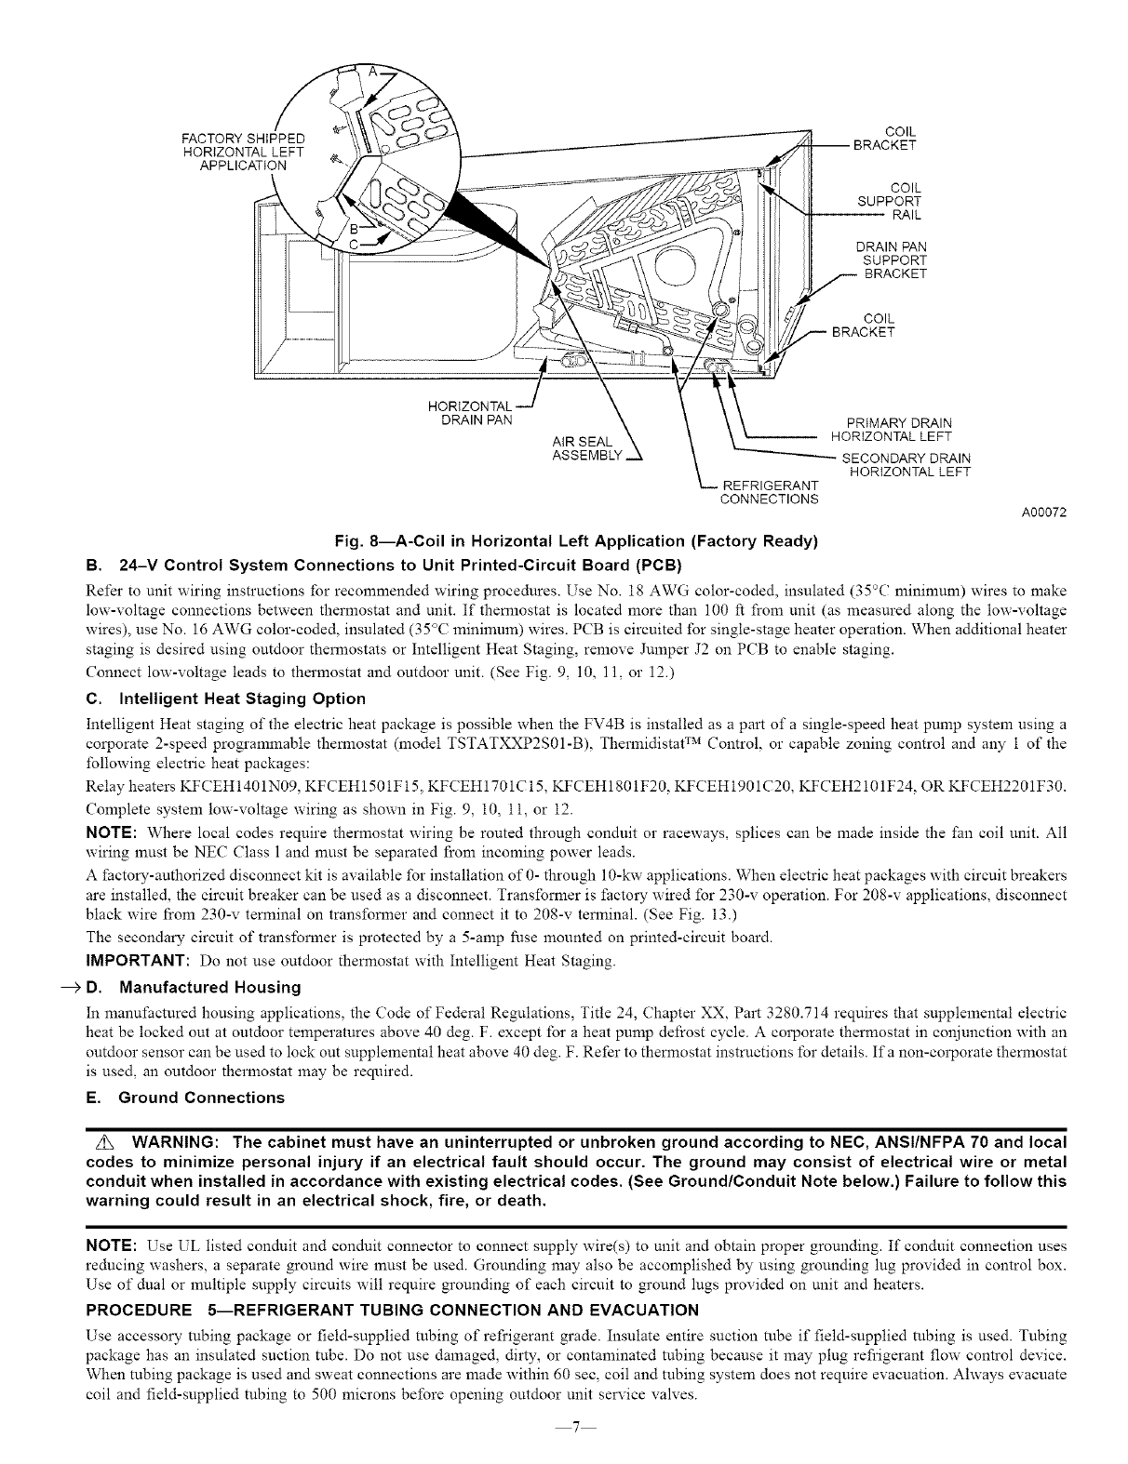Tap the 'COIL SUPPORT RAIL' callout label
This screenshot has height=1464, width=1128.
(889, 201)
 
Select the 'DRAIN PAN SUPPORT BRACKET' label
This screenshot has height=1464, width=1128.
(891, 260)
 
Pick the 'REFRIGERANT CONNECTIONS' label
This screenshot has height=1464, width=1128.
(770, 492)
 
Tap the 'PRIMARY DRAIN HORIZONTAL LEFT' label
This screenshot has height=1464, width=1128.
(891, 430)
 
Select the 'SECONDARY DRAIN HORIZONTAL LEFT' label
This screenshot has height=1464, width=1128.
(906, 465)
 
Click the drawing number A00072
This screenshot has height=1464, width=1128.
(1042, 512)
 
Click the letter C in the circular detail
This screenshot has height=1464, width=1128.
(354, 244)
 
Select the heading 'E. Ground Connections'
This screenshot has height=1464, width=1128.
(184, 1098)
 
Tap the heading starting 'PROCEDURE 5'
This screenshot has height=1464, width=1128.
(391, 1311)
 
